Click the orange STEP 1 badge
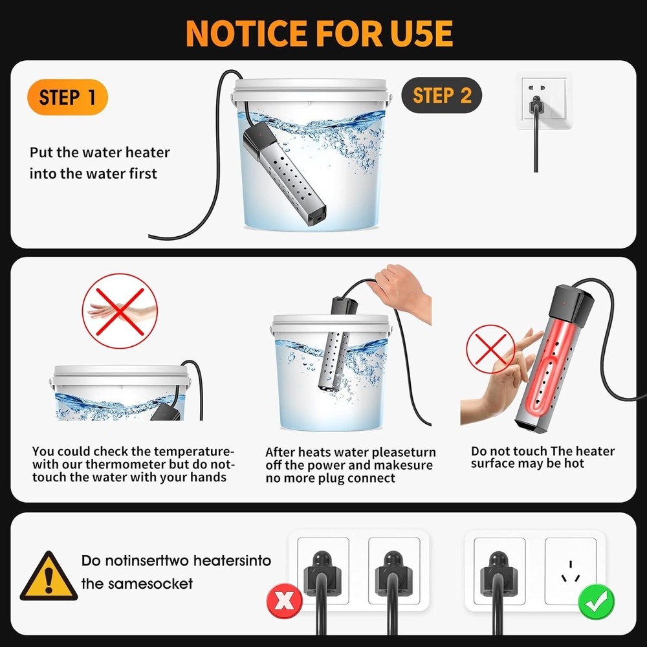click(x=67, y=97)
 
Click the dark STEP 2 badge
click(x=442, y=96)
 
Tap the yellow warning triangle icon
click(x=48, y=576)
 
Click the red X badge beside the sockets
click(x=283, y=602)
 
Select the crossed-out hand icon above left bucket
click(x=120, y=311)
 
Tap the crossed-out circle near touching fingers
click(x=490, y=349)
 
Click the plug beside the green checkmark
click(x=499, y=569)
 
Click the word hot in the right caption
click(x=575, y=464)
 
